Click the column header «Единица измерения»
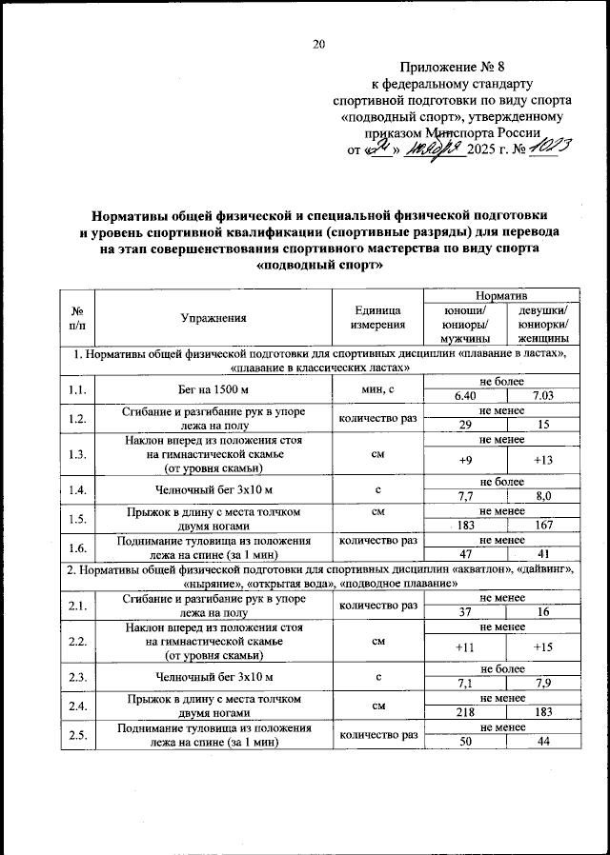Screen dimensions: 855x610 tap(377, 319)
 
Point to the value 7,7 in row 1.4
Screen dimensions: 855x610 tap(465, 496)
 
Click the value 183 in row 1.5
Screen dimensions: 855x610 tap(465, 526)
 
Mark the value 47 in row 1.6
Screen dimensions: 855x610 tap(465, 554)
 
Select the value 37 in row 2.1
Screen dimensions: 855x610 tap(465, 612)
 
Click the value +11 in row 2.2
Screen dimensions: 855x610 tap(465, 647)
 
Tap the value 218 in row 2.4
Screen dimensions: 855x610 tap(465, 712)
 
